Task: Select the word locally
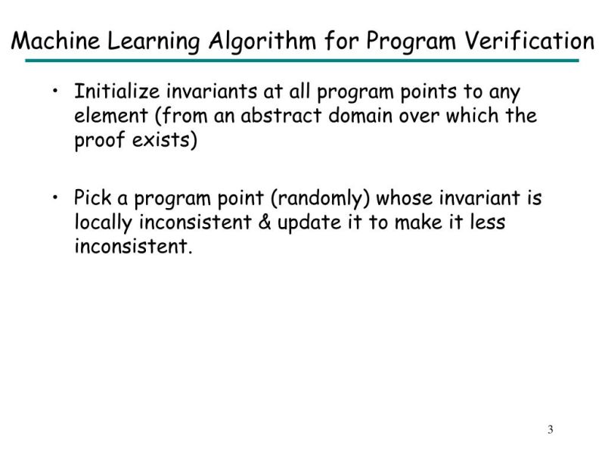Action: (102, 223)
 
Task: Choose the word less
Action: (488, 223)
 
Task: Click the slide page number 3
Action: (550, 431)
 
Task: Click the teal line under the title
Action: (302, 61)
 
